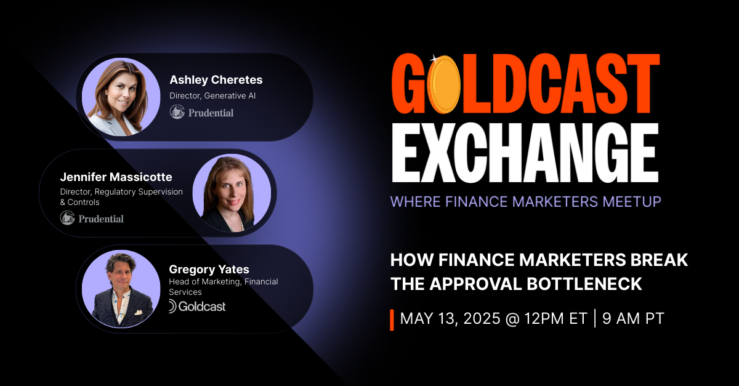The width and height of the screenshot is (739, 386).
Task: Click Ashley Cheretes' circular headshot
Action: tap(121, 97)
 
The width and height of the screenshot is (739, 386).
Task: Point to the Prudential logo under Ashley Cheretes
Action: tap(202, 113)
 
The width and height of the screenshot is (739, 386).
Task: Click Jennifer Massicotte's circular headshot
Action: tap(232, 193)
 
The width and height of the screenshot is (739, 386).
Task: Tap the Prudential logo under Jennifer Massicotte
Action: tap(92, 218)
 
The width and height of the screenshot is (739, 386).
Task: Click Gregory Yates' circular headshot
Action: tap(121, 289)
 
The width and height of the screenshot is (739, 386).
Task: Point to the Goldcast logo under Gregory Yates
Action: tap(197, 306)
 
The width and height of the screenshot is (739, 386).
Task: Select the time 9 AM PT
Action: tap(633, 318)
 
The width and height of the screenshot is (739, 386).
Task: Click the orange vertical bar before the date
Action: tap(392, 320)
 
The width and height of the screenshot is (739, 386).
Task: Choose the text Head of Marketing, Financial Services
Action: tap(223, 287)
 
